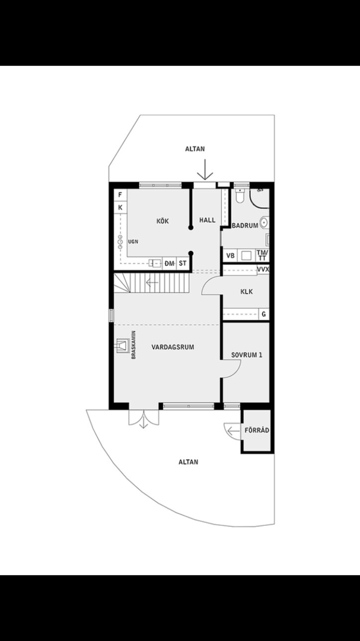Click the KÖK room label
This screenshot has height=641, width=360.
pos(163,221)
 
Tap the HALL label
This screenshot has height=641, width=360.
pos(208,220)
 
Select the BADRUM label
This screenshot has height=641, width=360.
pos(245,226)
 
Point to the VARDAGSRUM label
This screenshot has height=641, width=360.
pos(173,347)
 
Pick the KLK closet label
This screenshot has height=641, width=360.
pos(247,292)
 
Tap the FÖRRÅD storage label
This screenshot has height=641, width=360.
pos(257,430)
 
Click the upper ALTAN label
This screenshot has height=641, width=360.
pos(195,150)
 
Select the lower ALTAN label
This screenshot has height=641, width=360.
pos(189,461)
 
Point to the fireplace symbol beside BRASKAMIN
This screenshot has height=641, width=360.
pos(123,345)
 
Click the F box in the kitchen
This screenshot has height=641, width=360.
pos(120,195)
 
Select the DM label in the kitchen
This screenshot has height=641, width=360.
pos(170,263)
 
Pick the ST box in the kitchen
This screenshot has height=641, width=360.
pos(183,263)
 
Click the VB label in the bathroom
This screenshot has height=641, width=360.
pos(231,256)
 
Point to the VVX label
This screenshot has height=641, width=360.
pos(263,269)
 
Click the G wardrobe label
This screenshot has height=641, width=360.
pos(263,315)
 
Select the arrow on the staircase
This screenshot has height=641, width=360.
pos(152,283)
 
